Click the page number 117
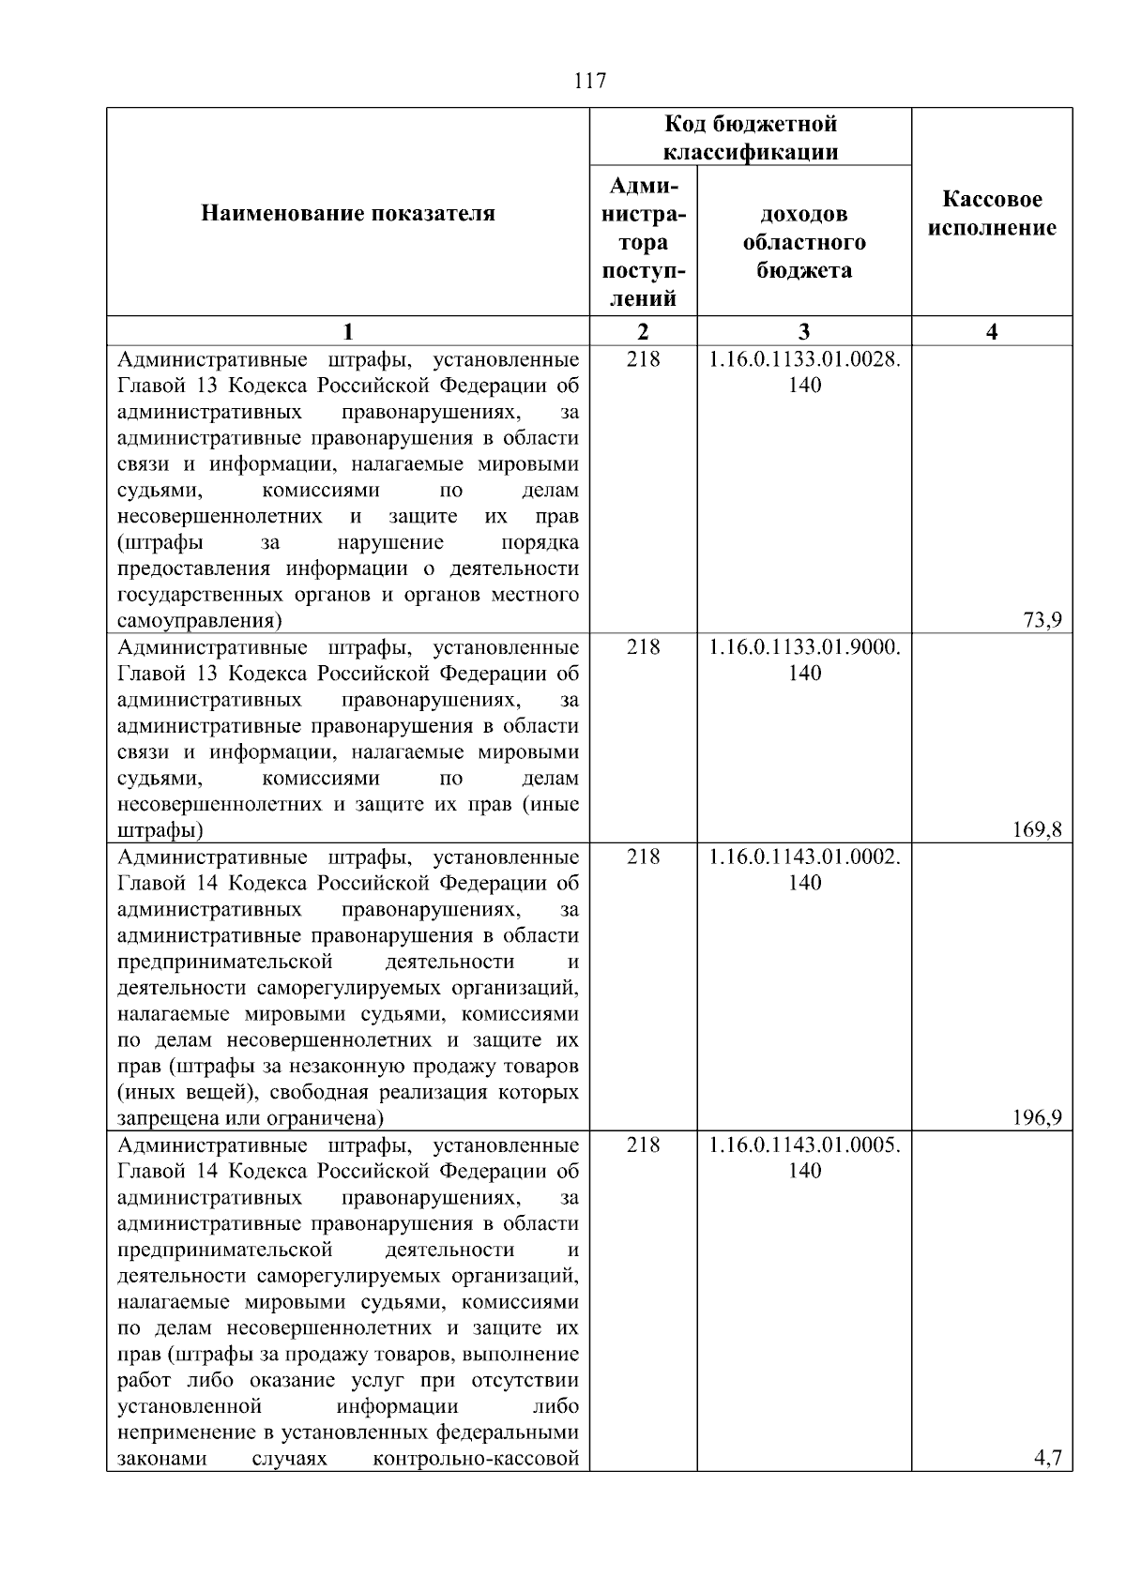pos(589,82)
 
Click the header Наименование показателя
pos(348,214)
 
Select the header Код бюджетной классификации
pos(751,138)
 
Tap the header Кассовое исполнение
pos(992,214)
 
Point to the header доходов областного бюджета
pos(804,242)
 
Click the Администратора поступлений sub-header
pos(643,242)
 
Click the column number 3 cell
pos(804,331)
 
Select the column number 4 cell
pos(992,331)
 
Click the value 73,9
pos(1042,619)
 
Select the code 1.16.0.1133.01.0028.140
pos(804,372)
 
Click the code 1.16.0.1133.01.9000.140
pos(804,660)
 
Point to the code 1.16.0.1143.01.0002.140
pos(804,870)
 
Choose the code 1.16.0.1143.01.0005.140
pos(804,1158)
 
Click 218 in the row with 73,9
pos(643,359)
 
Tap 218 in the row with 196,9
pos(643,857)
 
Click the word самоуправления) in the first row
pos(200,621)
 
